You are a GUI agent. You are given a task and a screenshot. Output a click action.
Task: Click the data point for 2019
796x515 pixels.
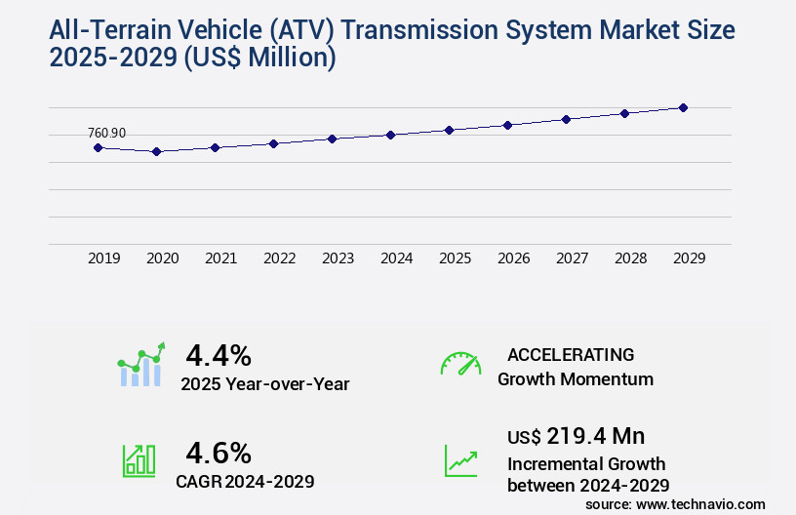(x=98, y=147)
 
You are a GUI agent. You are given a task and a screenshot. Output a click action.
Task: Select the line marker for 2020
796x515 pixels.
(x=156, y=151)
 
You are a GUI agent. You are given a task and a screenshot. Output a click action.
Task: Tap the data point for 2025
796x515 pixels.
(x=449, y=130)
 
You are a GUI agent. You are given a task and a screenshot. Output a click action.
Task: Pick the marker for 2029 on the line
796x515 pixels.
(x=683, y=107)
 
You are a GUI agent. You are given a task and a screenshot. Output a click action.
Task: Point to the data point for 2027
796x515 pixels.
(x=566, y=119)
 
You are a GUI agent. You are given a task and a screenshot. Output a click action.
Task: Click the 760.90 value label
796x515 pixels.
(x=106, y=133)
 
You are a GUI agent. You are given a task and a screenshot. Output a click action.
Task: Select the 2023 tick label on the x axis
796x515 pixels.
(x=338, y=258)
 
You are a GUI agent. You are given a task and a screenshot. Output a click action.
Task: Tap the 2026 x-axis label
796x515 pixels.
(x=513, y=258)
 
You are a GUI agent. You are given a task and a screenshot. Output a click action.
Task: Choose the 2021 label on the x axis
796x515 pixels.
(x=220, y=258)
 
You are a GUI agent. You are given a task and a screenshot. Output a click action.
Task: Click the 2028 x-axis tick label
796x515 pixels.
(x=630, y=258)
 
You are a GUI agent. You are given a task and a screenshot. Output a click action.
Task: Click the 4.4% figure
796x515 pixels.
(x=219, y=354)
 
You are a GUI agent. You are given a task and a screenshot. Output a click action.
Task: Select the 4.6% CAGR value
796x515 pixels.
(x=219, y=453)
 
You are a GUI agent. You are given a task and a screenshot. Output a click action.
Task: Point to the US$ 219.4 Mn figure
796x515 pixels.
(x=576, y=435)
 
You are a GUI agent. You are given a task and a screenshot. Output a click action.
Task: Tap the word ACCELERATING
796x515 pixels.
(x=571, y=354)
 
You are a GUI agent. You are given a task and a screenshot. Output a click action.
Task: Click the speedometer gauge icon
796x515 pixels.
(x=460, y=364)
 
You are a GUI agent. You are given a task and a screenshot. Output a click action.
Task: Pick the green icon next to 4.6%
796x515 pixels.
(x=139, y=460)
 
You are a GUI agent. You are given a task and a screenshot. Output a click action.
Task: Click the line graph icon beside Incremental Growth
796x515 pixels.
(x=460, y=460)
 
